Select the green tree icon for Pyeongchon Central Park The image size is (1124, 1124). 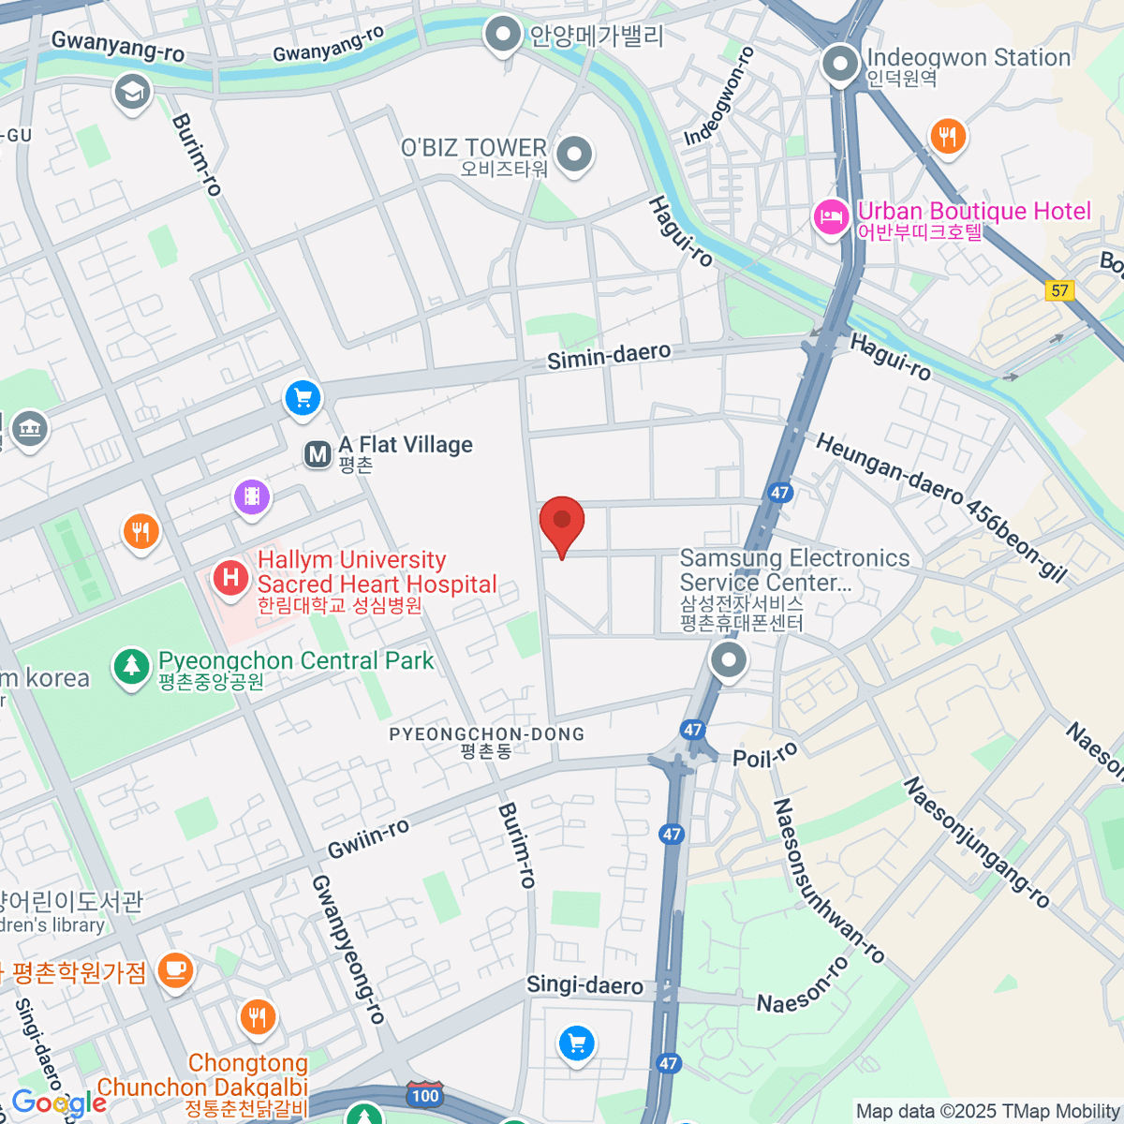click(131, 666)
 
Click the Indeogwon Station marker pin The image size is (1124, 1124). click(840, 66)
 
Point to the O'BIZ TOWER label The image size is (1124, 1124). click(474, 148)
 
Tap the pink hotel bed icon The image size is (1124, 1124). click(830, 217)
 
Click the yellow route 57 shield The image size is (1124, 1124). click(1059, 290)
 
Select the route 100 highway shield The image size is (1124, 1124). click(424, 1095)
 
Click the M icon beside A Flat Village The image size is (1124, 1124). click(318, 454)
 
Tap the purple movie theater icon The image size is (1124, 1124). click(252, 496)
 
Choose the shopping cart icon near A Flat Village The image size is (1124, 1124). click(303, 399)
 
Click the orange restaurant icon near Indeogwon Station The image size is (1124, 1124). click(948, 137)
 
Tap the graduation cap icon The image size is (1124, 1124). click(132, 92)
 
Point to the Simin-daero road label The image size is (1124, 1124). click(609, 356)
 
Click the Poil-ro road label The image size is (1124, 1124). click(765, 754)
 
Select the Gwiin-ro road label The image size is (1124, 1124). click(368, 837)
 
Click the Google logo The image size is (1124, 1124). click(59, 1102)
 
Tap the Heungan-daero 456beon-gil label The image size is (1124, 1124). click(940, 507)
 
